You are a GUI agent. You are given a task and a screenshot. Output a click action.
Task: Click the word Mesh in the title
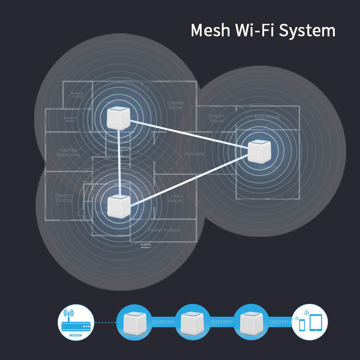pos(209,31)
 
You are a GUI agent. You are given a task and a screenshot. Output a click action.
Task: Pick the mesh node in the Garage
pos(260,152)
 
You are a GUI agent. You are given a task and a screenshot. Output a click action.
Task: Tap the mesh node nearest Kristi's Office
pos(119,205)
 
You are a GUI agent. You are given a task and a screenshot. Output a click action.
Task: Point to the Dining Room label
pos(175,106)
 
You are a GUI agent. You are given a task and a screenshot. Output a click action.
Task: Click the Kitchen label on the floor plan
pos(194,154)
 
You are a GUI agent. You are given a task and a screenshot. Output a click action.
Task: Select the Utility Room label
pos(216,119)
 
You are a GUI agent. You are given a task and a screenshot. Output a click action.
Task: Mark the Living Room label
pos(175,198)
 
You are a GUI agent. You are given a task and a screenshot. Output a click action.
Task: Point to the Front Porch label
pos(164,230)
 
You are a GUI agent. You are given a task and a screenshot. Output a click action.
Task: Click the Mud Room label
pos(267,117)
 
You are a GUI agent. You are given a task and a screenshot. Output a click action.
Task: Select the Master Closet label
pos(77,95)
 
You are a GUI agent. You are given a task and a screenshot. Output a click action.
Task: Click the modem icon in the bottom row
pos(76,322)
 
